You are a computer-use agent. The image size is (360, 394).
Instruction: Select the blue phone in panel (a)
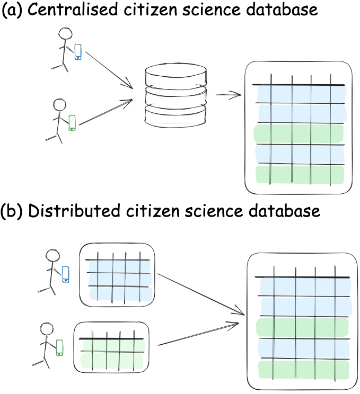[x=78, y=51]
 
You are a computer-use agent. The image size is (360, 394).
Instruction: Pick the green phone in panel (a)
[x=72, y=122]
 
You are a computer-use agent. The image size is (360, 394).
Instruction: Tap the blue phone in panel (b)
[x=66, y=274]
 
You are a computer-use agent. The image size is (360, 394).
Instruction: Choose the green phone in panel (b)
[x=59, y=347]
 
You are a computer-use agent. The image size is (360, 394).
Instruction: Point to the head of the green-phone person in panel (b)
[x=47, y=330]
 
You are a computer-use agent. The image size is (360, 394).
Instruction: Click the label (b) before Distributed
[x=12, y=211]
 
